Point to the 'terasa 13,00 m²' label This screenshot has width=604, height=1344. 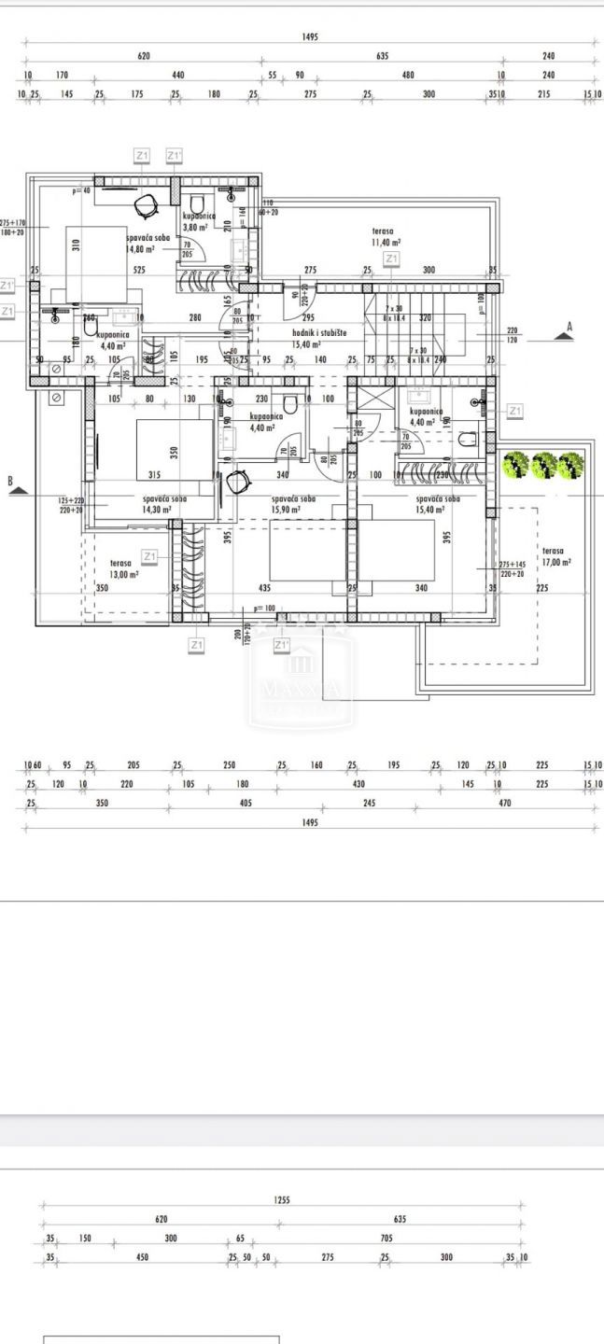pos(124,569)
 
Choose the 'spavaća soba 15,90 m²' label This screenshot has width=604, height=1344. pos(293,504)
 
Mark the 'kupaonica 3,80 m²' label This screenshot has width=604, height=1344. pos(198,221)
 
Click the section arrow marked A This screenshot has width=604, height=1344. pos(562,331)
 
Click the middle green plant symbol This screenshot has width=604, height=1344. pos(543,464)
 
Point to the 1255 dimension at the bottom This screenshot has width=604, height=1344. pos(282,1200)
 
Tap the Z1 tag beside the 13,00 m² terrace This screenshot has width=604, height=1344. pos(149,556)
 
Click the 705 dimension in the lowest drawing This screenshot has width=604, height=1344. pos(386,1239)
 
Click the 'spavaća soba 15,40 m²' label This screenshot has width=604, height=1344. pos(437,504)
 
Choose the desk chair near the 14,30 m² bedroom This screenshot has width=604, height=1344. pos(240,482)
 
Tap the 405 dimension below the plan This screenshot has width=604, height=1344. pos(246,803)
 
